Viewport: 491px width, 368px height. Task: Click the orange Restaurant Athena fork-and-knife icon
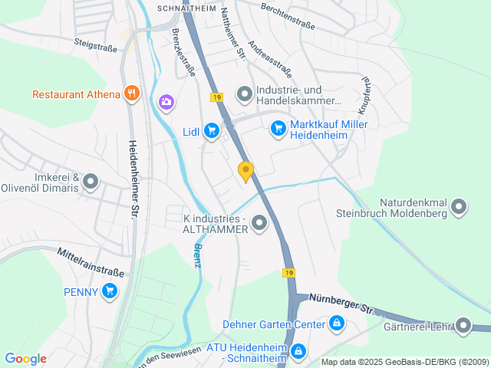pos(132,94)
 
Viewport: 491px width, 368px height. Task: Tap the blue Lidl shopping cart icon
pos(212,131)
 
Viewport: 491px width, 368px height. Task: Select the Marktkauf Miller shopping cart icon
pos(278,129)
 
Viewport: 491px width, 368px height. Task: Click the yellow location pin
pos(245,171)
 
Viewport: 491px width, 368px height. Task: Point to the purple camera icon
pos(166,102)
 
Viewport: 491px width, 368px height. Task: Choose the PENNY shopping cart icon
pos(110,291)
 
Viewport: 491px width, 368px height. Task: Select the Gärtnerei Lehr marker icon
pos(463,326)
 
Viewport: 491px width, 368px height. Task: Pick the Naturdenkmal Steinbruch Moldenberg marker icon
pos(459,205)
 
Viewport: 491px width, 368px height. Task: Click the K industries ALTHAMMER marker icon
pos(259,223)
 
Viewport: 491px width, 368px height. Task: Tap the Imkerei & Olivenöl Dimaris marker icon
pos(91,182)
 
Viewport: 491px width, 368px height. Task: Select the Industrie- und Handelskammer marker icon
pos(244,94)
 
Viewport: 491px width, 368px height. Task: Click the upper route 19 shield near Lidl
pos(217,97)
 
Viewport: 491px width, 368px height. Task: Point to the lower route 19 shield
pos(288,273)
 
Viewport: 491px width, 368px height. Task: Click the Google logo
pos(25,359)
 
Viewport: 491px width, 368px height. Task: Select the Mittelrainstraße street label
pos(91,261)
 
